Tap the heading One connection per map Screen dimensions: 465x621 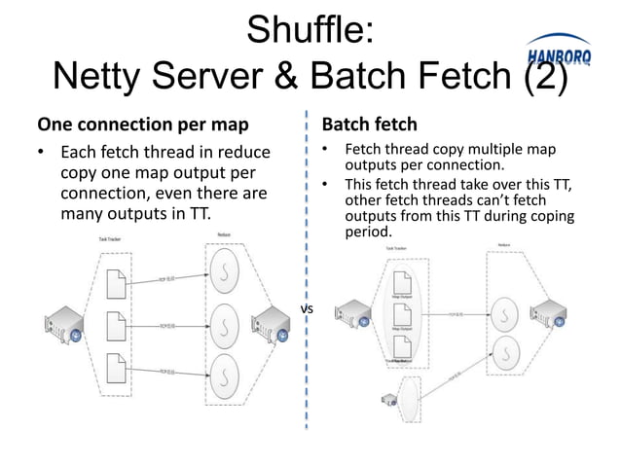(x=141, y=125)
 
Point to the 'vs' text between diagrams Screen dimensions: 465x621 (x=307, y=309)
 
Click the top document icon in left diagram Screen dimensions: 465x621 (x=114, y=282)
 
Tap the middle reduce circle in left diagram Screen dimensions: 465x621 (x=224, y=321)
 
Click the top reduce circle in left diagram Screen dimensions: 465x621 (x=224, y=273)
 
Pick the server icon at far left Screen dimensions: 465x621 (x=63, y=324)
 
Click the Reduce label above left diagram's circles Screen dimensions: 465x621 (x=223, y=234)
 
